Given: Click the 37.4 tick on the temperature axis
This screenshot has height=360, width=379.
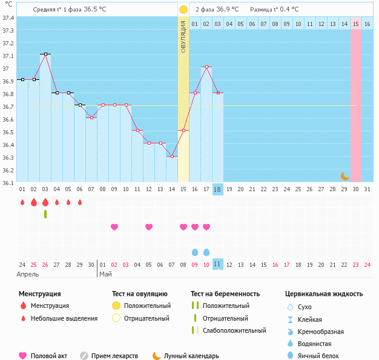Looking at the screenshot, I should [x=8, y=18].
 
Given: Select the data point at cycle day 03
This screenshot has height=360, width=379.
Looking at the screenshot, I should [x=45, y=54].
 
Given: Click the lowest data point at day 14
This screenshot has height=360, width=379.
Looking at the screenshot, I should [x=172, y=156].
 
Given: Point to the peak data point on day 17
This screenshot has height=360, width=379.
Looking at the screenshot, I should [x=206, y=67].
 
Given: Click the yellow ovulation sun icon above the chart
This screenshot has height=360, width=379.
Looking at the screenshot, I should [x=183, y=10].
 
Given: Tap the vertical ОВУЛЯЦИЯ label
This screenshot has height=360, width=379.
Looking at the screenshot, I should [x=183, y=36].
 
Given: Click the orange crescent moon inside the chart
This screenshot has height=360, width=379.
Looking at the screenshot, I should [x=344, y=175].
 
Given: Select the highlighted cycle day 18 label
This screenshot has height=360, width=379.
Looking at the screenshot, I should [x=218, y=189].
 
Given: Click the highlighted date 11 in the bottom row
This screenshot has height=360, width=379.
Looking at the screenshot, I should [x=218, y=264].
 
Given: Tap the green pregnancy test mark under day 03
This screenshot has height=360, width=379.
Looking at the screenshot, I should [x=45, y=214].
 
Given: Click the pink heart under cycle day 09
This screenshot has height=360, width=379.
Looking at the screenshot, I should [x=114, y=227].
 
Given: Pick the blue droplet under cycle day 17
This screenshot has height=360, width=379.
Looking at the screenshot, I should [x=206, y=252].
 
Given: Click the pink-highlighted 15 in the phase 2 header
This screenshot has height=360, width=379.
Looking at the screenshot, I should [x=356, y=24].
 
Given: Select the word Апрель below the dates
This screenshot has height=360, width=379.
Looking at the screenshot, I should [x=28, y=274].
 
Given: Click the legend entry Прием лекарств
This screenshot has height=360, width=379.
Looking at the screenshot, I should [x=114, y=356].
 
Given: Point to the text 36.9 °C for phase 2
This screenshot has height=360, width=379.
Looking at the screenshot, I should [x=225, y=10].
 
